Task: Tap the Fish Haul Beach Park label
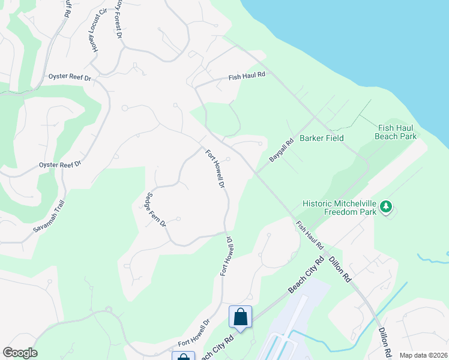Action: [397, 132]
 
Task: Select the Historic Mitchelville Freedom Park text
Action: [340, 207]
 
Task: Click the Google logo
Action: [20, 353]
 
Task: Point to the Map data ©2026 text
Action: [423, 355]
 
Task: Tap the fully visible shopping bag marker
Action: [240, 317]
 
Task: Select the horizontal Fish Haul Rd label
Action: [246, 77]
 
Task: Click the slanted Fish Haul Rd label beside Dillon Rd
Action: [310, 235]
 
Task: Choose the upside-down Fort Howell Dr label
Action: [226, 256]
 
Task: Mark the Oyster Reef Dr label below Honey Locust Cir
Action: [69, 78]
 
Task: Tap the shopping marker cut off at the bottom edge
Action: [183, 356]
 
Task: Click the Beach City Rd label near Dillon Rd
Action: [306, 276]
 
